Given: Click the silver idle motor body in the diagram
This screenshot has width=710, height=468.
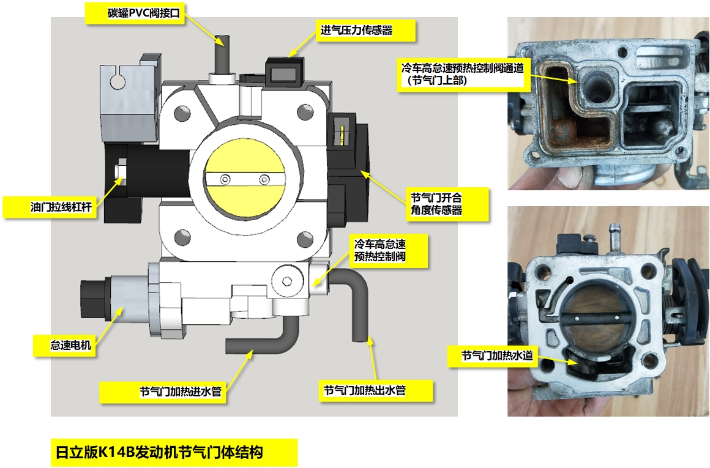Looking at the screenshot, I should point(127,300).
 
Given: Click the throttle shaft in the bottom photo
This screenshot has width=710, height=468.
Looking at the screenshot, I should point(597,317).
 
